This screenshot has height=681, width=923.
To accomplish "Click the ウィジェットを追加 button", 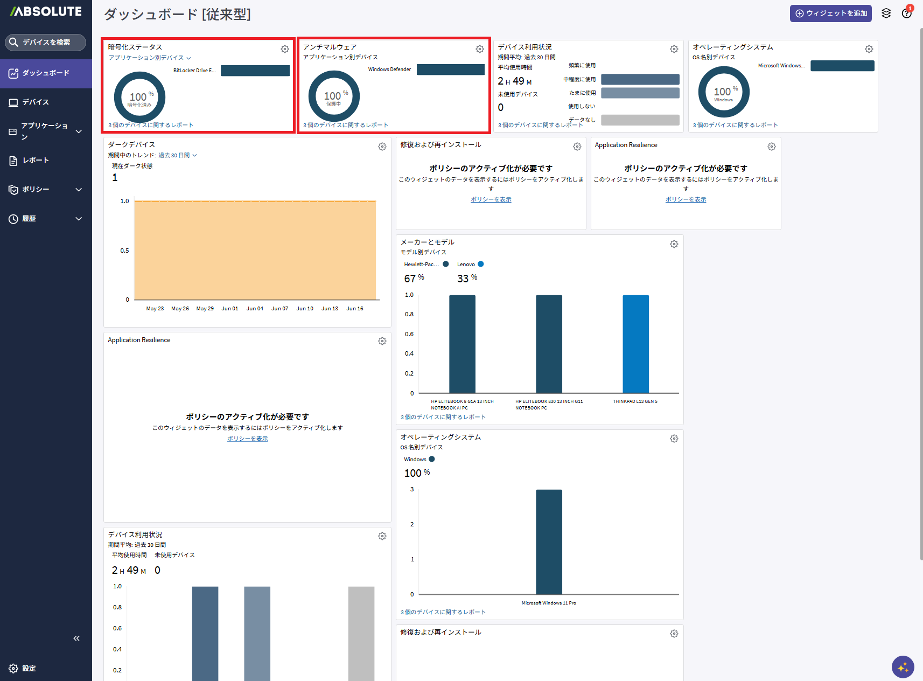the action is coord(830,13).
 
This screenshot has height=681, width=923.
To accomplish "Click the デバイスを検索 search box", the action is coord(45,42).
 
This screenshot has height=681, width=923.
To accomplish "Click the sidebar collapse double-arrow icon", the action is coord(76,638).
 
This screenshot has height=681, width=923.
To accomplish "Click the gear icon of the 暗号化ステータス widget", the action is coord(285,49).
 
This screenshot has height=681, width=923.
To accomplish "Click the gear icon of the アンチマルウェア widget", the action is coord(480,49).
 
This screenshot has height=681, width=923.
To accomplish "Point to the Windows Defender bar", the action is coord(450,70).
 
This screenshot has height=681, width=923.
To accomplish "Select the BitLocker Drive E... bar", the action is coord(255,71).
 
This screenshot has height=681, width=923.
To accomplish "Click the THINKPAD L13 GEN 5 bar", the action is coord(635,344).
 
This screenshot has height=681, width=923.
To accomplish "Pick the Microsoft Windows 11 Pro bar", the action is coord(549,541).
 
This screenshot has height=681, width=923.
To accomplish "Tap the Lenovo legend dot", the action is coord(480,264).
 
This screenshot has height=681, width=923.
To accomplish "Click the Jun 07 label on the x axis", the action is coord(280,308).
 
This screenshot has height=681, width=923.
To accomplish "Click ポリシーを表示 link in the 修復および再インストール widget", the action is coord(491,199).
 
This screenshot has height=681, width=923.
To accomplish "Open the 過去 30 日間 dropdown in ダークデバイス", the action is coord(178,155).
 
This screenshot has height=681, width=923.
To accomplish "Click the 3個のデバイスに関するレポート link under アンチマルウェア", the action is coord(346,125).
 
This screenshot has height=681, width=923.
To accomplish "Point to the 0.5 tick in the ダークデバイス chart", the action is coord(124,250).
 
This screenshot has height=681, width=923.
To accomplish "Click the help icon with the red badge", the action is coord(906,13).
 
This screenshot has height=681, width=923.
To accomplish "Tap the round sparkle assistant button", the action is coord(903,666).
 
